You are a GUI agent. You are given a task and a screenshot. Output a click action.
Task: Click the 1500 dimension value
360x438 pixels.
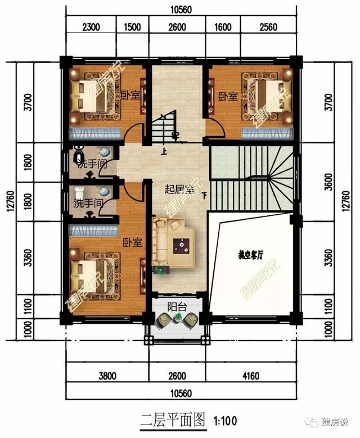(132, 25)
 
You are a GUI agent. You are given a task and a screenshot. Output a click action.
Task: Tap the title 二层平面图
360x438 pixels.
(174, 419)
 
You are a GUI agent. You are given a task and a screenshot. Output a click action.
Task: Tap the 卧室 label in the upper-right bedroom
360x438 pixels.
(227, 96)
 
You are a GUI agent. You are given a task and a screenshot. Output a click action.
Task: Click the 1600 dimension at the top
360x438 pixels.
(223, 25)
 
